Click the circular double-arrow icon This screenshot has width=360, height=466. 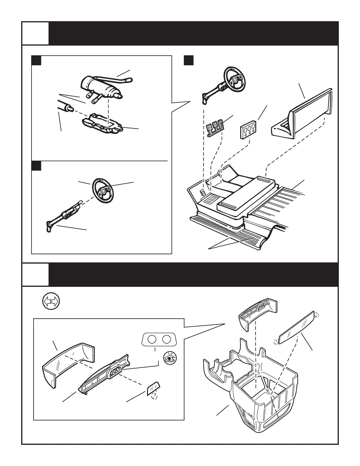pos(51,302)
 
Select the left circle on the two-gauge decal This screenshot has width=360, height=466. pos(152,339)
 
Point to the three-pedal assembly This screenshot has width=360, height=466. pos(215,129)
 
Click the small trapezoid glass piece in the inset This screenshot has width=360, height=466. pos(153,390)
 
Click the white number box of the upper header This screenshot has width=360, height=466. pos(35,33)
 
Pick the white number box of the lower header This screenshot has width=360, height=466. pos(35,274)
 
